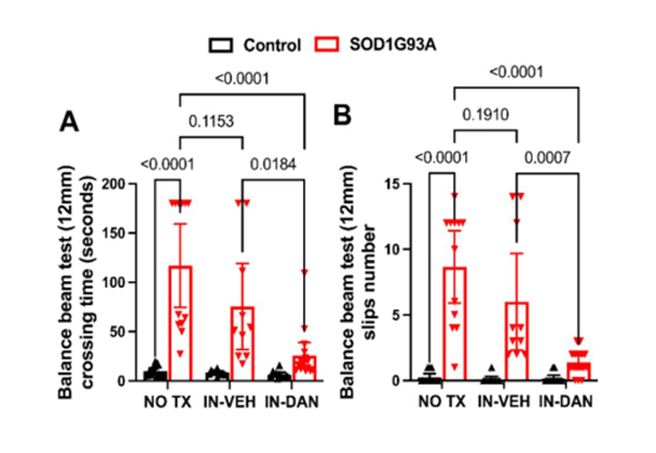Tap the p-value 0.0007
[547, 158]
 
